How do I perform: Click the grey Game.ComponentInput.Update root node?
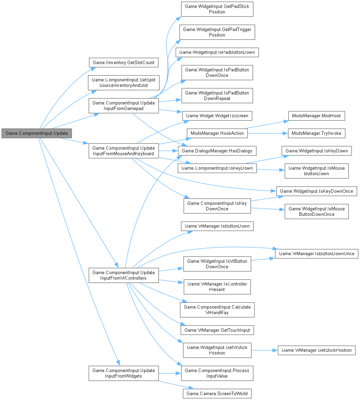tap(37, 133)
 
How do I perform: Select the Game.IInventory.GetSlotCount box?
tap(123, 63)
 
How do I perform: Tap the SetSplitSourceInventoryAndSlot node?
tap(123, 82)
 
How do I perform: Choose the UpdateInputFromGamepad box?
tap(123, 106)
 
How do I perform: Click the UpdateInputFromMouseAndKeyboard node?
tap(123, 151)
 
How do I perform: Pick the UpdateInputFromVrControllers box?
tap(123, 275)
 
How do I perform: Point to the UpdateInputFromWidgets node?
tap(123, 373)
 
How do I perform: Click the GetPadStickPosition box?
tap(217, 9)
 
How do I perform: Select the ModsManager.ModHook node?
tap(316, 116)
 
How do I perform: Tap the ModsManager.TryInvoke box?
tap(316, 133)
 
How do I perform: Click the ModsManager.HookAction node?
tap(217, 133)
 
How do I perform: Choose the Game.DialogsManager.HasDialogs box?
tap(217, 151)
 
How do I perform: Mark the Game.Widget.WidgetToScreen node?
tap(217, 116)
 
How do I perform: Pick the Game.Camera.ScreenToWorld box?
tap(217, 393)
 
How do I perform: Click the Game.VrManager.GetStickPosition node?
tap(317, 350)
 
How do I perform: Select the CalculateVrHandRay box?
tap(217, 310)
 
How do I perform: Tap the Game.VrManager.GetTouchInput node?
tap(217, 330)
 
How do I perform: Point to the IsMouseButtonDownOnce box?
tap(316, 211)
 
